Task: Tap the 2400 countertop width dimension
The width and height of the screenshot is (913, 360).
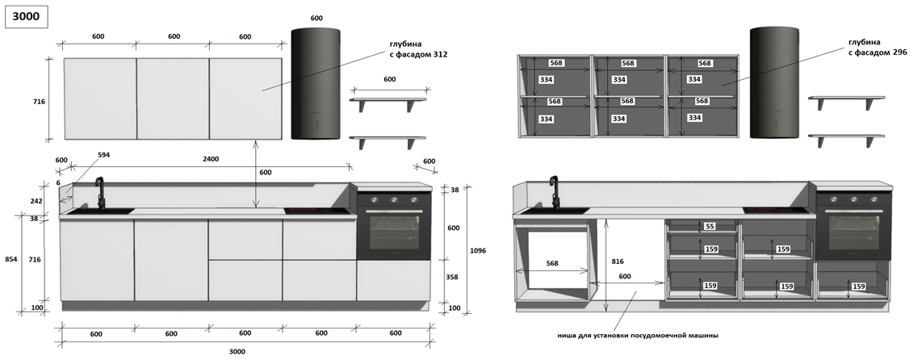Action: tap(210, 159)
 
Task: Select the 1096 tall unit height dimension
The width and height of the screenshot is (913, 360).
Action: tap(477, 251)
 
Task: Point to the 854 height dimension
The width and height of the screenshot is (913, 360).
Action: tap(10, 259)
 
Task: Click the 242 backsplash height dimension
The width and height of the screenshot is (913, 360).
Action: tap(36, 201)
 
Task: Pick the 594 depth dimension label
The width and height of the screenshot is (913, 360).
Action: tap(103, 154)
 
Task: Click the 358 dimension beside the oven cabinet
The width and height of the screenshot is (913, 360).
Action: tap(453, 277)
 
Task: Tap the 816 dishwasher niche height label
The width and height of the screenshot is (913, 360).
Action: tap(617, 262)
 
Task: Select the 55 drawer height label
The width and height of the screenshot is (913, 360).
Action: tap(710, 227)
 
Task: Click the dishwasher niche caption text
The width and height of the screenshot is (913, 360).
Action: tap(637, 335)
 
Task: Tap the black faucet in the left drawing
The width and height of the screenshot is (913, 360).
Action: tap(100, 193)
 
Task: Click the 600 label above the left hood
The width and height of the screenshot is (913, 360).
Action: tap(316, 18)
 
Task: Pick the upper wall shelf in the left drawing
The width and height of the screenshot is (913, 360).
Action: tap(388, 100)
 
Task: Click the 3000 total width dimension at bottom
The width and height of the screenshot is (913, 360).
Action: tap(237, 351)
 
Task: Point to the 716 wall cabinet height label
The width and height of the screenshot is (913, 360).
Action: tap(39, 102)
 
